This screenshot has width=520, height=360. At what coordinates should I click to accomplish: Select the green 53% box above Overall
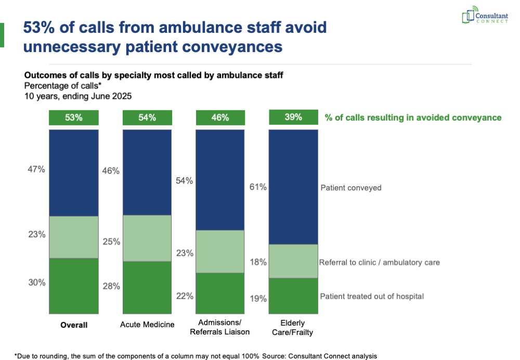click(x=73, y=118)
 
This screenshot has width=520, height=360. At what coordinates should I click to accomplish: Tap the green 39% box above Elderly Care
click(x=293, y=118)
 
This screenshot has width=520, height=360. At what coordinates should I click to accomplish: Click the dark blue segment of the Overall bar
click(x=73, y=173)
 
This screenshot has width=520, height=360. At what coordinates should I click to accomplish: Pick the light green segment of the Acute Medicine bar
click(x=147, y=238)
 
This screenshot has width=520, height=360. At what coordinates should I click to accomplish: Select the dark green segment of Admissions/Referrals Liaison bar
click(x=220, y=293)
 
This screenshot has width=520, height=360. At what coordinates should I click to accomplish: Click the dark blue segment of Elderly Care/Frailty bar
click(x=293, y=187)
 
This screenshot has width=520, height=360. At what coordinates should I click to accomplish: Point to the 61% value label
click(x=259, y=187)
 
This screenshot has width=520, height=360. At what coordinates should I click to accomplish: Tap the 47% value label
click(x=37, y=169)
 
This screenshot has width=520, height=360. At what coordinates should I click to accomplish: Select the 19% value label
click(x=259, y=299)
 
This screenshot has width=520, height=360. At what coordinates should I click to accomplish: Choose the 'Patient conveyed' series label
click(x=350, y=188)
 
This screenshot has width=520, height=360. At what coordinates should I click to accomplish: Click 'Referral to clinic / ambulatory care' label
click(x=380, y=262)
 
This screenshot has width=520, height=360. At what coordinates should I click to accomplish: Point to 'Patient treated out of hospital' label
click(x=372, y=297)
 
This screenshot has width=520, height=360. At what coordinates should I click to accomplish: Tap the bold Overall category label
click(x=73, y=325)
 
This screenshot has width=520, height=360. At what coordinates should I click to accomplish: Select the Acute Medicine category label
click(x=147, y=325)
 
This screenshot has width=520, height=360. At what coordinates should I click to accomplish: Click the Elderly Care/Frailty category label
click(x=293, y=327)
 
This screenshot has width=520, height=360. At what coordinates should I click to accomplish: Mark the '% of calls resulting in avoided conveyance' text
click(x=413, y=118)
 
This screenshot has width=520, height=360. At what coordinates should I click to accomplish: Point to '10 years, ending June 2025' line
click(x=78, y=96)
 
